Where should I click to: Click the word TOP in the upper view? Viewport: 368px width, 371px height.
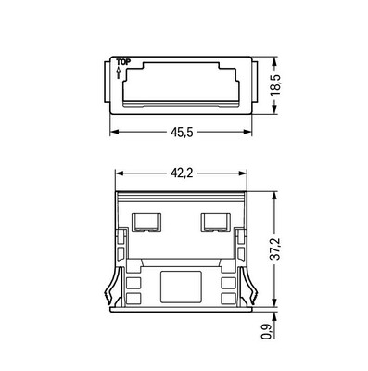point(121,64)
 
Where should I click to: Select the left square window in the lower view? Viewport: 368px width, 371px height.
point(144,223)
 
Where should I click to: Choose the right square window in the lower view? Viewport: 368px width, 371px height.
point(215,223)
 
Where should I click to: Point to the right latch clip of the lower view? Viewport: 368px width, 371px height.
point(248,283)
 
